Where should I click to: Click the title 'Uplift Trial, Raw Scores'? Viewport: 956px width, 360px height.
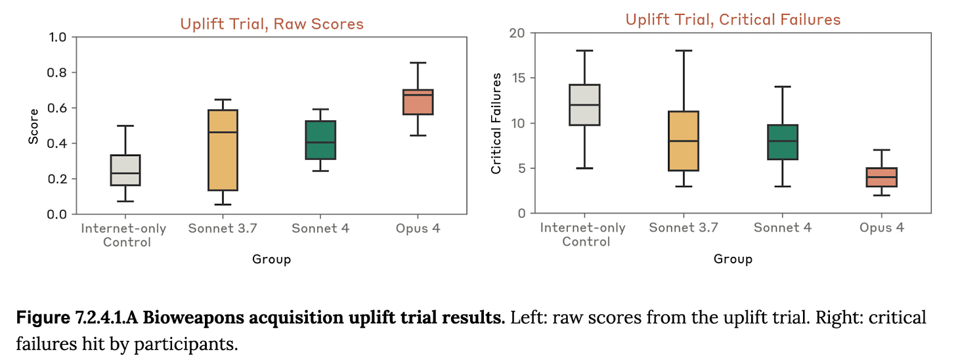271,24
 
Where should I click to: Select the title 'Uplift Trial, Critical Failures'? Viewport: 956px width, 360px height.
733,20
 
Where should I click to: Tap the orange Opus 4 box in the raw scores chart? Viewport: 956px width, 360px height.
418,102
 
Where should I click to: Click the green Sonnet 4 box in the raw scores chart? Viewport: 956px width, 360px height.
320,140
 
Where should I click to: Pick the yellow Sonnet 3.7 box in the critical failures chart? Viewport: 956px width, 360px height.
684,141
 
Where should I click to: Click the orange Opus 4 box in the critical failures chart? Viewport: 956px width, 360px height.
881,177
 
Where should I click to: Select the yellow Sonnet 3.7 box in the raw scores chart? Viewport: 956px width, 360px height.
223,150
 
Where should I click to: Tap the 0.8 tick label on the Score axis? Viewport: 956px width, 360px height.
57,72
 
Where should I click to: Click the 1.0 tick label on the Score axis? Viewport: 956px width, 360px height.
57,37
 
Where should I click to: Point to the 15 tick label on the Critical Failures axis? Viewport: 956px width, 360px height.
517,78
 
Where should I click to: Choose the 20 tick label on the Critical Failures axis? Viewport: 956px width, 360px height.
517,33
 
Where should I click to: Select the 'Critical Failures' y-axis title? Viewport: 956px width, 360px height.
496,124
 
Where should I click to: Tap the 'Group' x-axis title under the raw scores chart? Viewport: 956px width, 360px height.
271,259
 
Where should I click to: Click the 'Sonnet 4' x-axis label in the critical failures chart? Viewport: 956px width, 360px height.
783,228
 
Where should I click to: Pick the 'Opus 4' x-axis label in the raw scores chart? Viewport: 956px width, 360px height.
418,229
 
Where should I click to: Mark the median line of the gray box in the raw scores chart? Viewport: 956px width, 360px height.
125,173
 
